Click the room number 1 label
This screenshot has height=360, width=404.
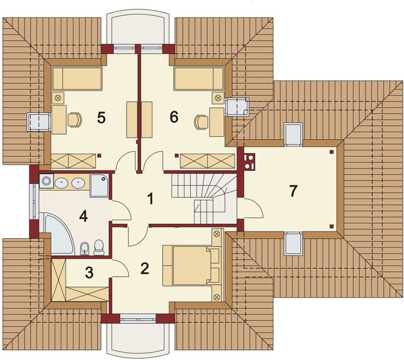click(150, 199)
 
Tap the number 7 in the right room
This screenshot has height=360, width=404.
click(294, 191)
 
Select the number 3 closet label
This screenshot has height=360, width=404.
click(89, 273)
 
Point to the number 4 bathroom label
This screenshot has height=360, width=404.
click(83, 216)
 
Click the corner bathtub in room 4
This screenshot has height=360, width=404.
click(58, 234)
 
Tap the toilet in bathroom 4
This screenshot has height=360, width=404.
click(98, 247)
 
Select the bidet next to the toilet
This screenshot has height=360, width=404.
click(85, 249)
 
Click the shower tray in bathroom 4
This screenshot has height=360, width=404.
click(100, 185)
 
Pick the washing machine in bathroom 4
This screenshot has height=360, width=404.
click(46, 181)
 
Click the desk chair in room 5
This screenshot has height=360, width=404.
click(75, 120)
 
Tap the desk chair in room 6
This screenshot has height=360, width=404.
click(201, 122)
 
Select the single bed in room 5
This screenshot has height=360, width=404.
click(77, 79)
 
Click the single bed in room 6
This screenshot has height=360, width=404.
click(199, 79)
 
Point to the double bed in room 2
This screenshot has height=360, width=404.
click(192, 265)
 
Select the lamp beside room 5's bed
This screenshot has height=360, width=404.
click(58, 98)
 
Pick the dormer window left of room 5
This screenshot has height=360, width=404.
click(38, 122)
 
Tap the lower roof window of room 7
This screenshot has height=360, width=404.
click(294, 244)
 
